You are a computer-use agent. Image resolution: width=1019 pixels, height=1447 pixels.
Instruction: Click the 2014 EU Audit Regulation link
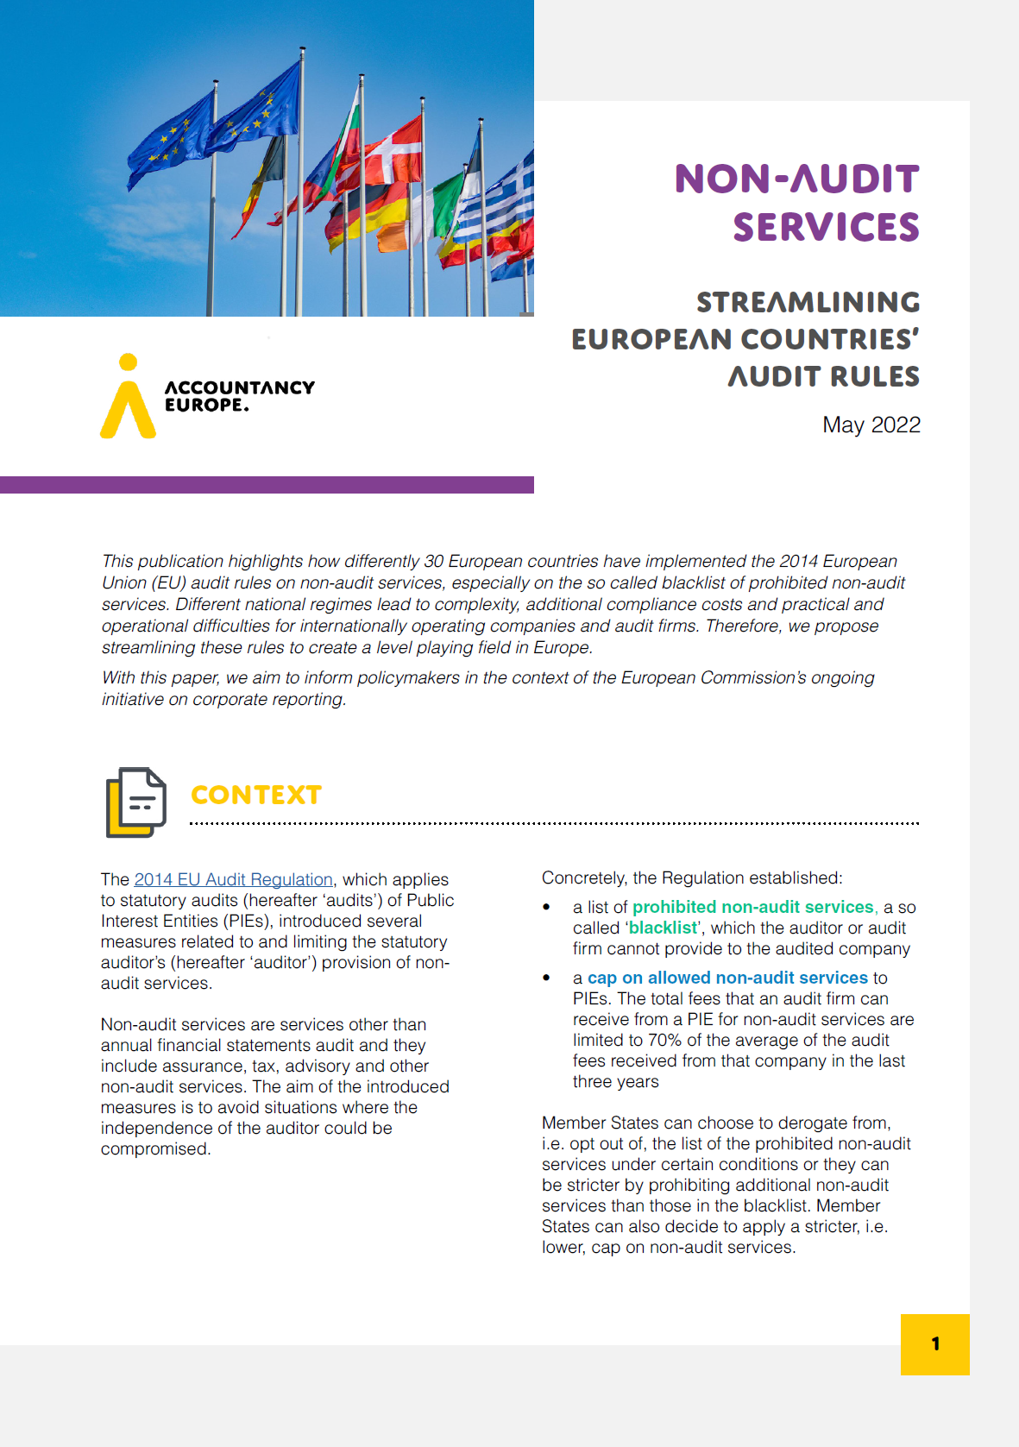tap(233, 879)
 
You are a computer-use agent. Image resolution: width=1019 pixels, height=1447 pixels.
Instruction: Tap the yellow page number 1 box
tap(934, 1343)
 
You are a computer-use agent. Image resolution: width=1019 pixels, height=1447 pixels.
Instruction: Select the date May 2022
tap(871, 425)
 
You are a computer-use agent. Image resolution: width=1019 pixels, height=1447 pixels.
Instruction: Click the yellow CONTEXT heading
tap(256, 795)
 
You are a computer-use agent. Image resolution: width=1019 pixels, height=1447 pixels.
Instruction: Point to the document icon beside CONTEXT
tap(135, 802)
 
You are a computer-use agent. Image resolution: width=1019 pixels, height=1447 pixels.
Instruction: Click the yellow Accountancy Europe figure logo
tap(128, 398)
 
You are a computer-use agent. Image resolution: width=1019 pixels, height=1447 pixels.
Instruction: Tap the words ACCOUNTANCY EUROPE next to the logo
tap(239, 396)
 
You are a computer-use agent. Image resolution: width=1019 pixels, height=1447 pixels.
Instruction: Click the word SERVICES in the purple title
tap(826, 227)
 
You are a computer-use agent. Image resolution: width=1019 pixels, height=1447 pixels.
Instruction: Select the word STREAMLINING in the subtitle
tap(808, 302)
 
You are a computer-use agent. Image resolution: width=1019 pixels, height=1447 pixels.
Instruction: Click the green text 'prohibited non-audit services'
tap(752, 907)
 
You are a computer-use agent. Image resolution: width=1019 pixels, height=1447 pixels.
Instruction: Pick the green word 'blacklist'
tap(663, 928)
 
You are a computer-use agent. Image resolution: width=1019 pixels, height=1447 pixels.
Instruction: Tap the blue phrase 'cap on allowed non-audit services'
tap(727, 978)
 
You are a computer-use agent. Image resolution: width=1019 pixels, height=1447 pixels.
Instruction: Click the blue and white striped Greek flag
tap(505, 198)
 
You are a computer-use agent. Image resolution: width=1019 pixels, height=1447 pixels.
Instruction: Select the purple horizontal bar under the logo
tap(267, 485)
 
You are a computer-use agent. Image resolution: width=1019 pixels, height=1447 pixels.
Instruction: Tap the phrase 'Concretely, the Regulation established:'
tap(691, 878)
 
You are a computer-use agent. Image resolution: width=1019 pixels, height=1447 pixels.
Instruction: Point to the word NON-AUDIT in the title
tap(796, 179)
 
